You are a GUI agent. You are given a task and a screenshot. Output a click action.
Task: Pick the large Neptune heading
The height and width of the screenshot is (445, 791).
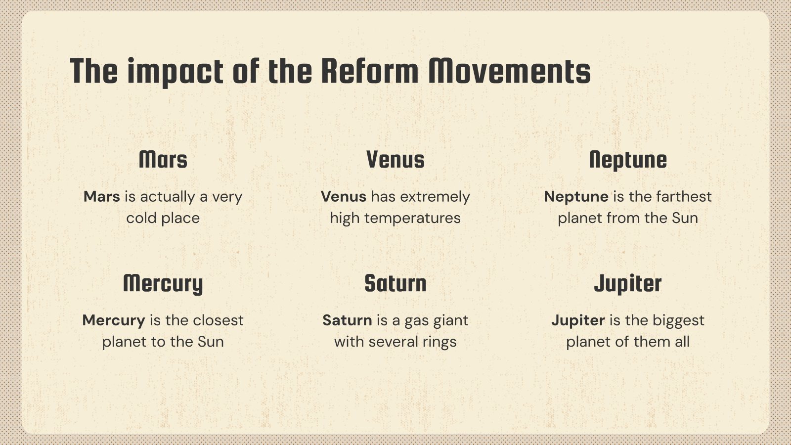(628, 160)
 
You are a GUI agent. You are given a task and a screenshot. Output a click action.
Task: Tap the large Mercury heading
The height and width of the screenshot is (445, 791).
(163, 284)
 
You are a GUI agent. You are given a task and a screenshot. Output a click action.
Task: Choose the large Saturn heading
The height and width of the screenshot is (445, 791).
(395, 283)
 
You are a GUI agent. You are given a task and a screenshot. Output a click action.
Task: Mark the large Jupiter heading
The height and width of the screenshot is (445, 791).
(628, 284)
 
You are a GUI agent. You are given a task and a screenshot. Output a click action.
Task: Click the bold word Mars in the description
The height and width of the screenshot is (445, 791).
(102, 197)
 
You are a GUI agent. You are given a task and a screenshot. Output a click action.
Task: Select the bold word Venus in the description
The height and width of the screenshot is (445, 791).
(344, 197)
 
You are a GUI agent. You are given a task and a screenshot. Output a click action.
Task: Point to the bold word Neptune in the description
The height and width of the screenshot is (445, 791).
(576, 197)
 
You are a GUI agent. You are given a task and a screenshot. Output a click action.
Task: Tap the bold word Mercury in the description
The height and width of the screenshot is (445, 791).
(114, 321)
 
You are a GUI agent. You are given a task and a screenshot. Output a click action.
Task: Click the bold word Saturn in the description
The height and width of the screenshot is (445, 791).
(347, 320)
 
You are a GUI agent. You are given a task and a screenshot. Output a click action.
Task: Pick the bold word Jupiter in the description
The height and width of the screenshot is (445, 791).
(578, 321)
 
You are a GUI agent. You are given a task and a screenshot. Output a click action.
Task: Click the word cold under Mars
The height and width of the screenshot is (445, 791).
(141, 218)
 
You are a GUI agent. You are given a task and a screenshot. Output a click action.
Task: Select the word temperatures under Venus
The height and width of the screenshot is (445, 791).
(412, 219)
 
